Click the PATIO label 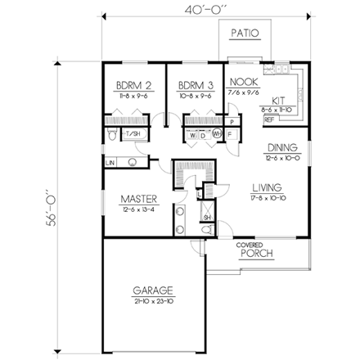[x=245, y=34]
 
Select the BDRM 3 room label [x=194, y=85]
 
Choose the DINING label [x=281, y=148]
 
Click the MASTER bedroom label [x=138, y=199]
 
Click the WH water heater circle [x=217, y=133]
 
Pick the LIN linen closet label [x=110, y=163]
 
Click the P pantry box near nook [x=231, y=121]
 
